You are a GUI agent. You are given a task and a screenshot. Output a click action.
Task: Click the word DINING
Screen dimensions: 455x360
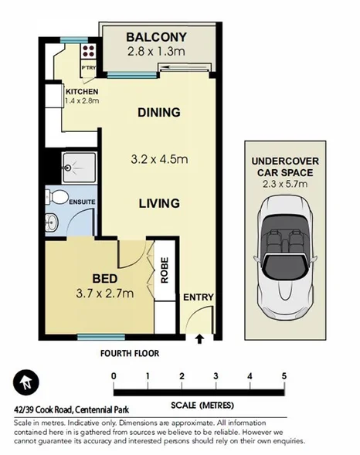[158, 113]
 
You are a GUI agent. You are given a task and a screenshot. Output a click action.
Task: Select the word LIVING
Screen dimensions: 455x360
[158, 204]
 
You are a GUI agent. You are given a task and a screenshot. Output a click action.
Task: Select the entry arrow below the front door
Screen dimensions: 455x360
[199, 338]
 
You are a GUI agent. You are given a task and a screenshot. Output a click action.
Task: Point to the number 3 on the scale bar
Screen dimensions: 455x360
[216, 376]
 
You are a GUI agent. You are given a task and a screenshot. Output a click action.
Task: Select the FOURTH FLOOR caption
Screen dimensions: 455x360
[129, 354]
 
